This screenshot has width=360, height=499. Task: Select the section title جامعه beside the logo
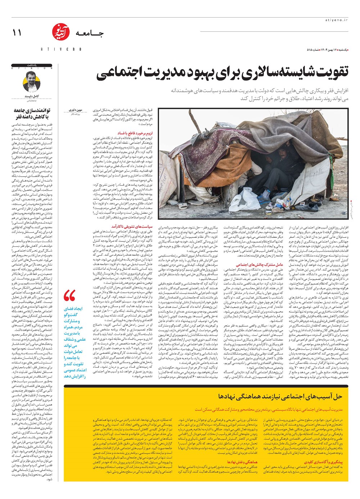[x=89, y=33]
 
